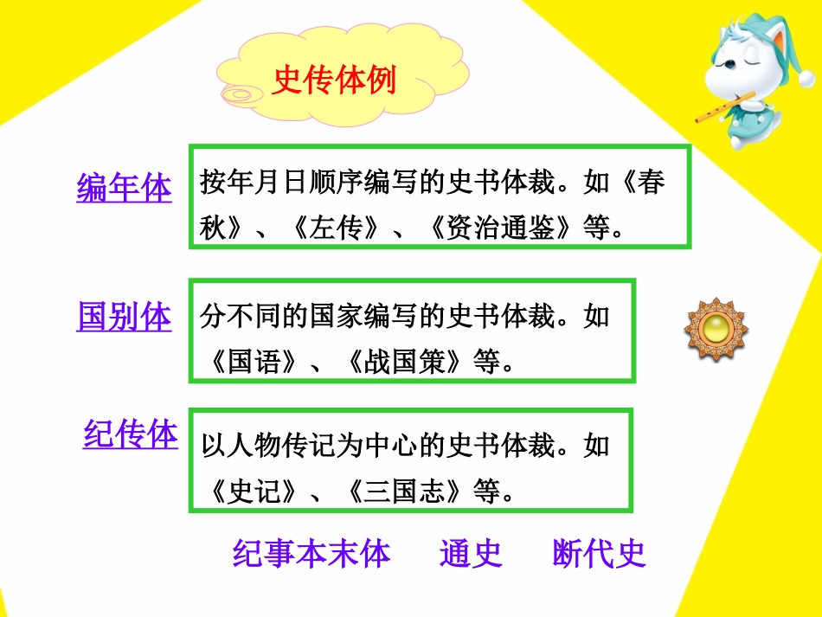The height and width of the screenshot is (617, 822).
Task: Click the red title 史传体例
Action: pos(334,80)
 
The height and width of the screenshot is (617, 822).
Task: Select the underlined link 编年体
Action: pos(124,188)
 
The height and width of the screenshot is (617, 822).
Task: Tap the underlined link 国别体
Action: pos(124,317)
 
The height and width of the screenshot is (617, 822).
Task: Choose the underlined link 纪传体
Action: pos(130,434)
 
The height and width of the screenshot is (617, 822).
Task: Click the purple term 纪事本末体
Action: pos(311,554)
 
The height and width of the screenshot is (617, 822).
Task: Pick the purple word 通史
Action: pos(471,554)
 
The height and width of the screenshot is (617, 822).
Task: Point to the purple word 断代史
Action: pos(599,554)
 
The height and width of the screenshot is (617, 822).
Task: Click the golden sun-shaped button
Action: pos(716,329)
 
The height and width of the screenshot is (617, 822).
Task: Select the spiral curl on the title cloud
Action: pos(237,93)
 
